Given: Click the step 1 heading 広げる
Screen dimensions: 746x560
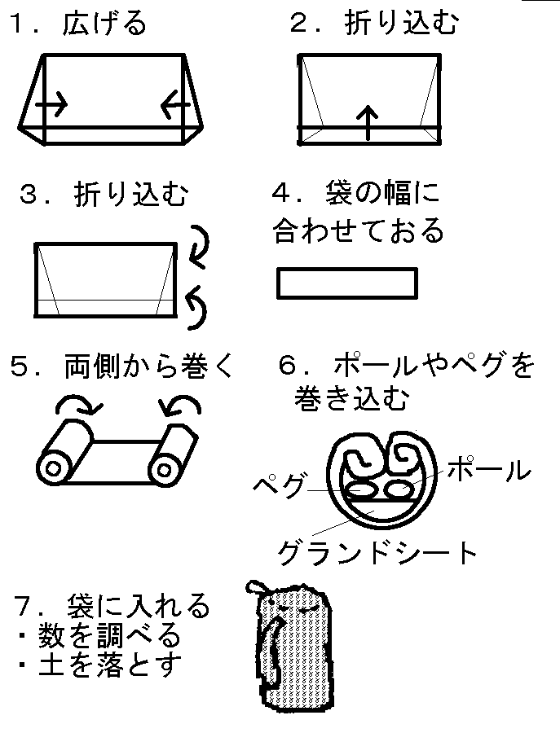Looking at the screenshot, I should click(104, 24).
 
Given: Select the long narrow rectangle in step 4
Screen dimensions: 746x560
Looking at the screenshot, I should click(347, 283).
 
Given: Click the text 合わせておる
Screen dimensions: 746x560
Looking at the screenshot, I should click(358, 231).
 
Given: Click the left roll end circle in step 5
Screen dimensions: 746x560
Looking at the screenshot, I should click(55, 470).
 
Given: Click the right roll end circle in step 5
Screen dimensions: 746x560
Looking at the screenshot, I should click(165, 470).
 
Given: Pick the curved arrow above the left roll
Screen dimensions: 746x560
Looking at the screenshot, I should click(77, 405).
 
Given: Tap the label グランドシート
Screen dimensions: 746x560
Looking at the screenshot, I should click(377, 553).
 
